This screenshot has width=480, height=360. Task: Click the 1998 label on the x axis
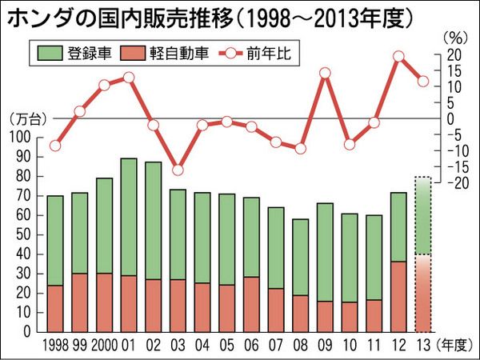(x=54, y=346)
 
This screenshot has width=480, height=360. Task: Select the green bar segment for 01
(x=129, y=217)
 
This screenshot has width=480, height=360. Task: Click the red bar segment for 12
(x=398, y=296)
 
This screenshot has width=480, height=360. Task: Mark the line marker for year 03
(x=178, y=170)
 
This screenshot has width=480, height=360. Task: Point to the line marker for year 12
(x=398, y=56)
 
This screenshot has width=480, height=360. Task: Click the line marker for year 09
(x=325, y=74)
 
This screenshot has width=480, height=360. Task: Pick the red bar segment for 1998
(x=55, y=308)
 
